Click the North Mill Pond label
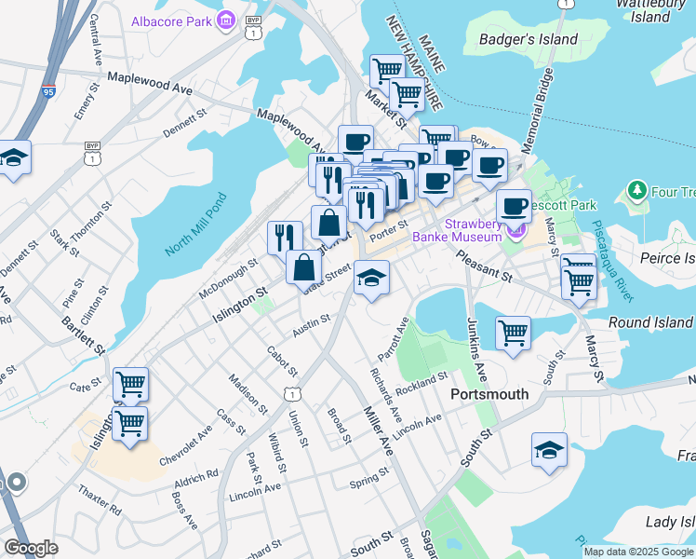[x=196, y=225]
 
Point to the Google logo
[x=31, y=548]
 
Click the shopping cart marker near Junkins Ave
[x=514, y=333]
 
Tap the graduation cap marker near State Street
[x=371, y=277]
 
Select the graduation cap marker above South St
[x=550, y=449]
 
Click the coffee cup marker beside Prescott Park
[x=513, y=205]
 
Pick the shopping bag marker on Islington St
[x=304, y=267]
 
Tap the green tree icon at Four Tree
[x=636, y=192]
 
